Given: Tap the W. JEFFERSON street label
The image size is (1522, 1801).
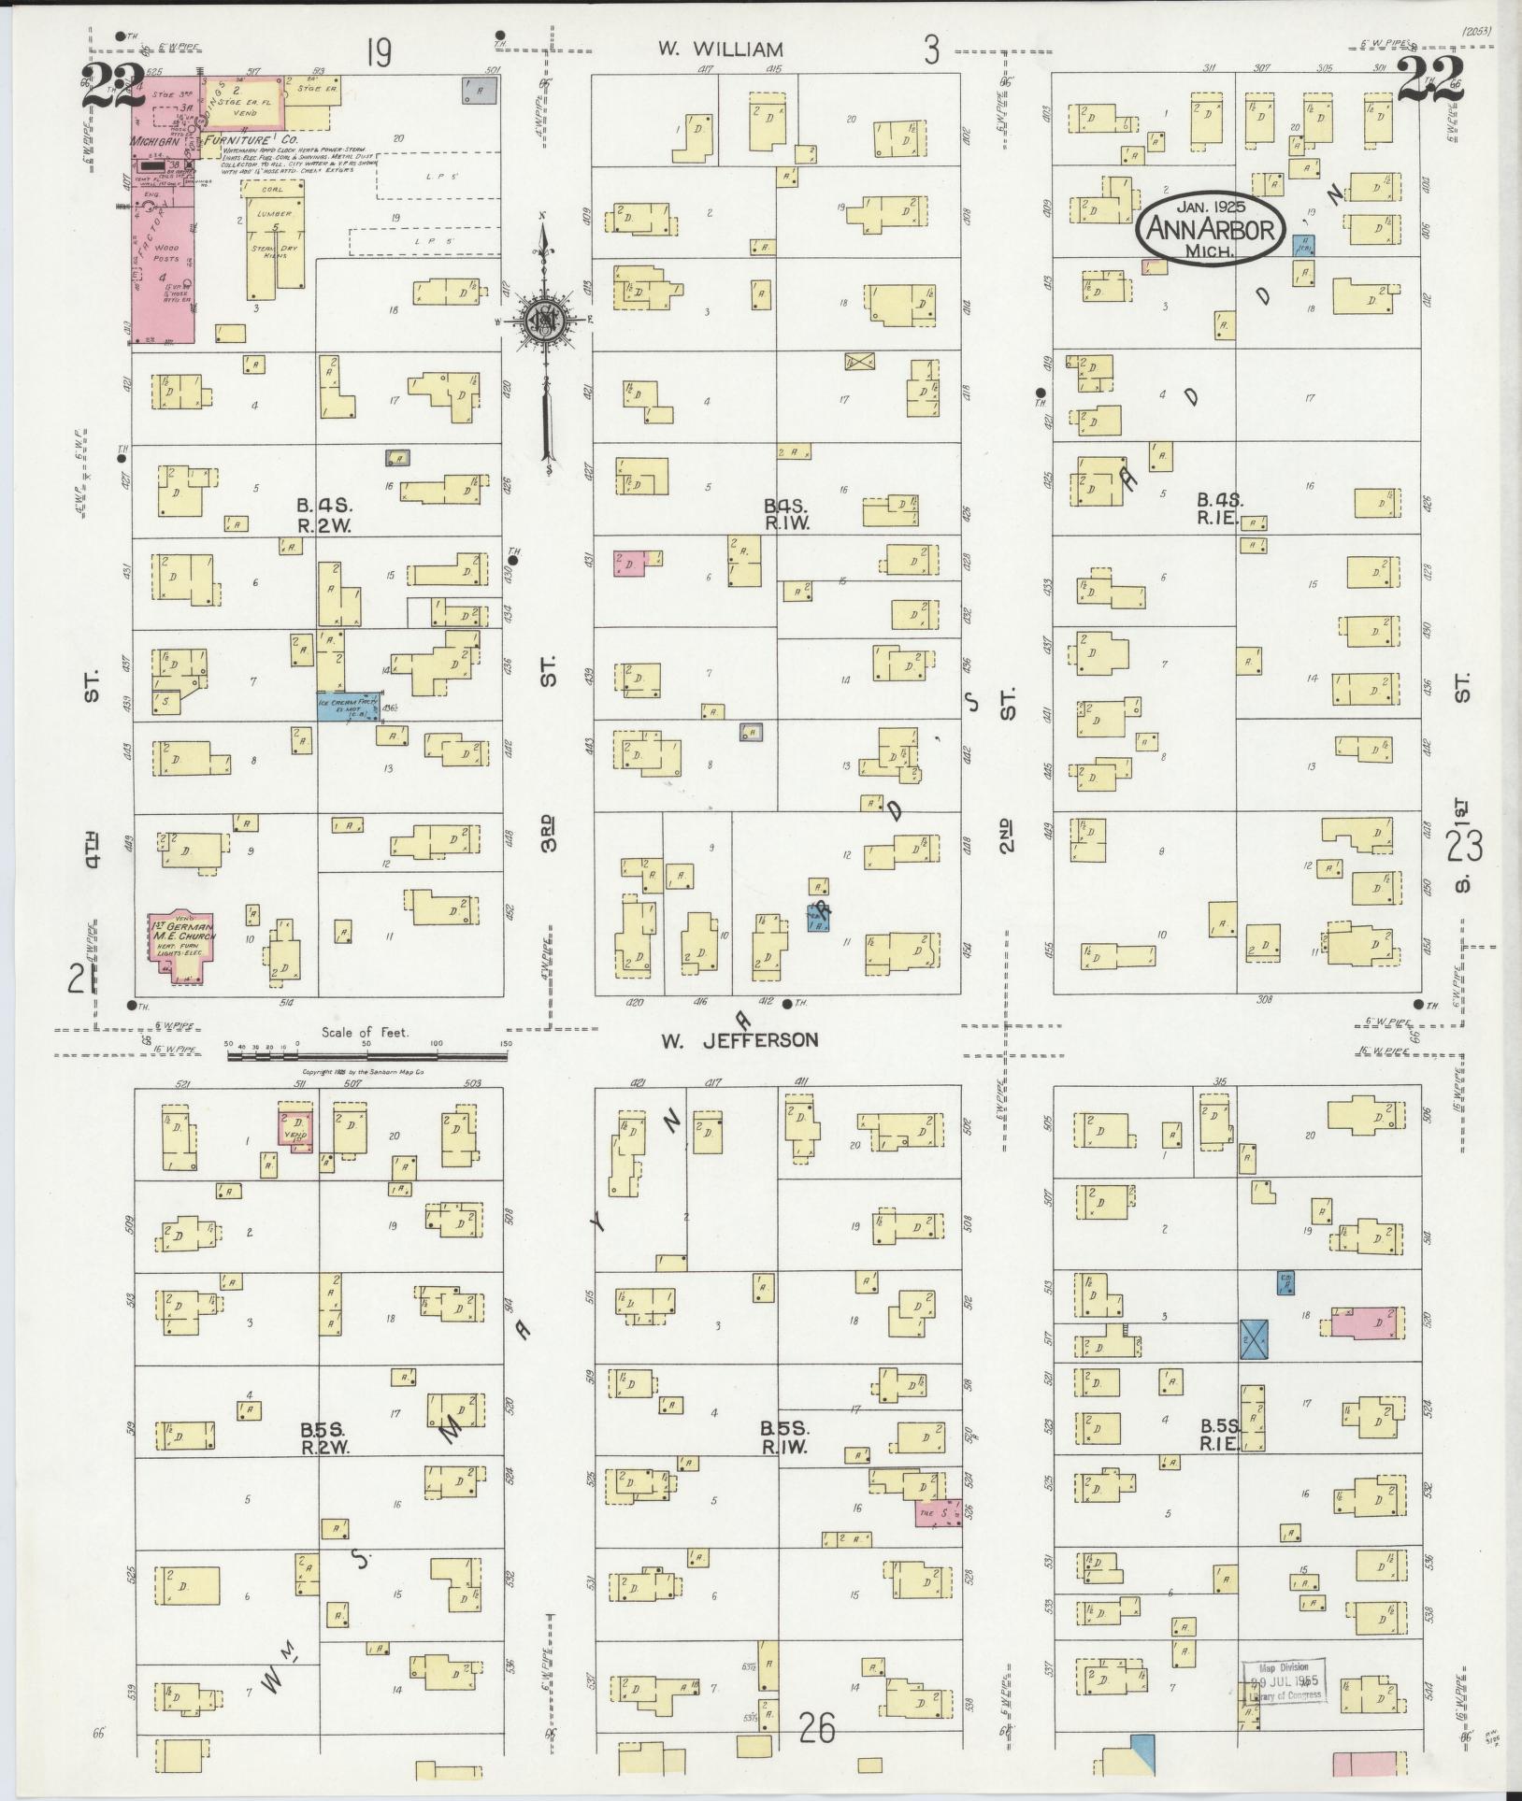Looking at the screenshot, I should pos(739,1039).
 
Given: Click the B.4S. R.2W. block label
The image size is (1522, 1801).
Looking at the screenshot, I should pos(323,515).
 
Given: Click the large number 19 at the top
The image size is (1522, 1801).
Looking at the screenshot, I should pos(378,53).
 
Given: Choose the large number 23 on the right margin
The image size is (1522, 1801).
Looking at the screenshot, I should pos(1464,847).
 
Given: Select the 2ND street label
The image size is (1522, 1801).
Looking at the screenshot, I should pos(1007,836).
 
